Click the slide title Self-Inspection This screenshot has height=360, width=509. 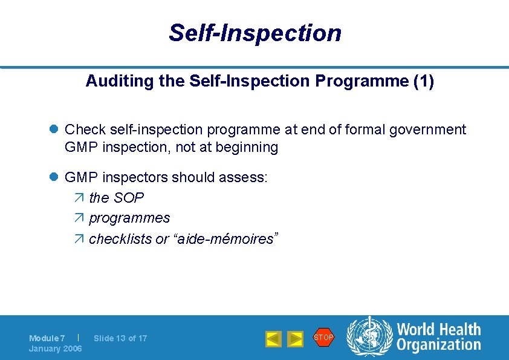point(254,33)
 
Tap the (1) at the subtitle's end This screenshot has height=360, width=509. point(423,82)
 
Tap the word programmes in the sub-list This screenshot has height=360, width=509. point(129,218)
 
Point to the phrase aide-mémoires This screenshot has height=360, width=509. point(224,239)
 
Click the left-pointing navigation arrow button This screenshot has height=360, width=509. point(274,339)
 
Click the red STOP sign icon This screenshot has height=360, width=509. point(323,337)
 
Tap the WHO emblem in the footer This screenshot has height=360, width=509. point(368,337)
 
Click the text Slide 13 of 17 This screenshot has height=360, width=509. point(120,338)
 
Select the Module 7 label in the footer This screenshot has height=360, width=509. point(47,338)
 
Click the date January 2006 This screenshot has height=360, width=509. point(56,349)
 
